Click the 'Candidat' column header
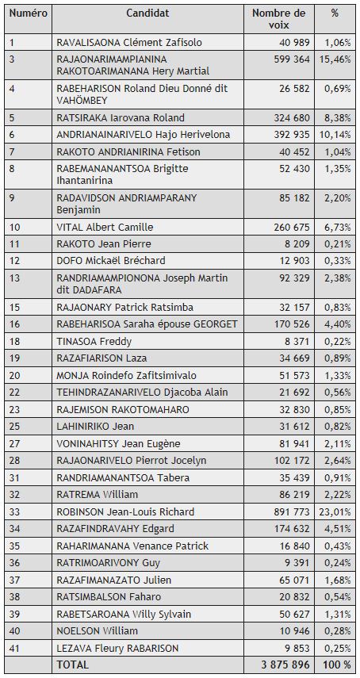point(151,13)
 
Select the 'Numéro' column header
point(28,13)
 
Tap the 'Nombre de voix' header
point(278,19)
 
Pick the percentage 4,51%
point(338,529)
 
